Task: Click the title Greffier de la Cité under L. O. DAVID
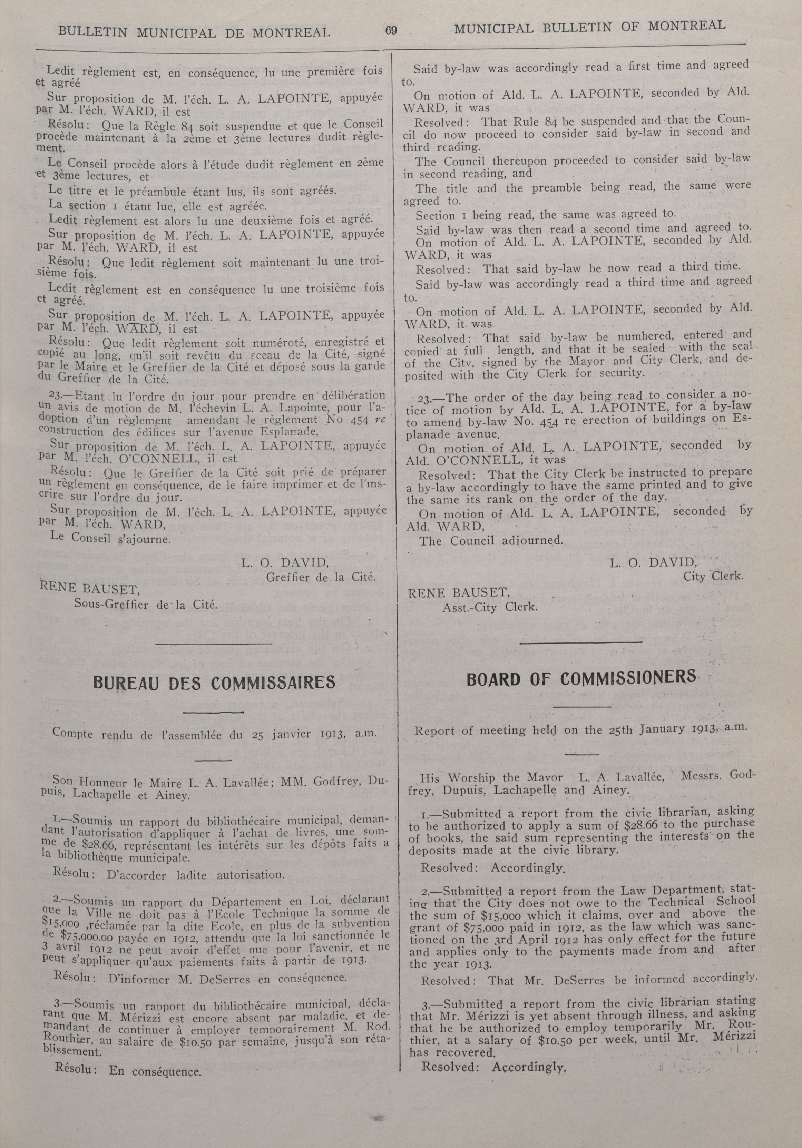pyautogui.click(x=321, y=577)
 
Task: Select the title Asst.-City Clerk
pyautogui.click(x=489, y=608)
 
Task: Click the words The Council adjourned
pyautogui.click(x=491, y=540)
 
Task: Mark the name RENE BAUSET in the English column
pyautogui.click(x=459, y=593)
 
